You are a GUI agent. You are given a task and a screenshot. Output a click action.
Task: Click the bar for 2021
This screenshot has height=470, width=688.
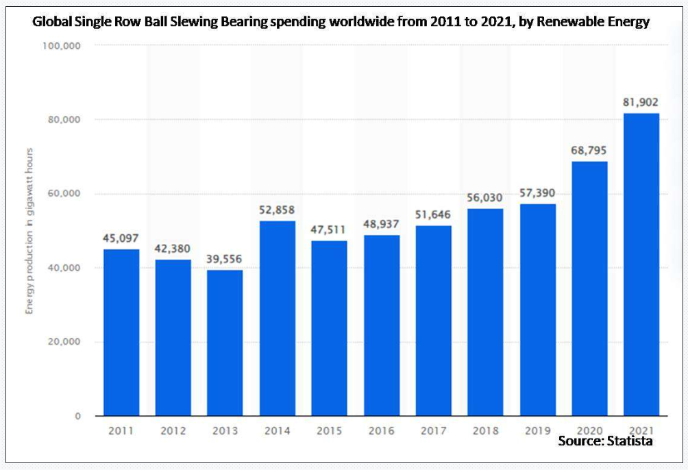[641, 264]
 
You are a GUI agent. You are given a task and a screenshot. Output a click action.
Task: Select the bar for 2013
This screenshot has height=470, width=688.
[225, 343]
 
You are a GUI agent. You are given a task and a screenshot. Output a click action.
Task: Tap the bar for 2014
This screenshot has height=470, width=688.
[277, 318]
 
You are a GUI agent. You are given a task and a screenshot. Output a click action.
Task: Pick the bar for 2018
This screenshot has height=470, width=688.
[485, 312]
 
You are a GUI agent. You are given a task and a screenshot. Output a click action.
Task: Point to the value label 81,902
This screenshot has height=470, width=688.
[641, 102]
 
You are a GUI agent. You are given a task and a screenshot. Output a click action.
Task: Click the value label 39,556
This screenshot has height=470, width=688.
[225, 259]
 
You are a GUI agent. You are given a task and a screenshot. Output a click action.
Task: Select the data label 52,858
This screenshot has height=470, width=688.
[277, 210]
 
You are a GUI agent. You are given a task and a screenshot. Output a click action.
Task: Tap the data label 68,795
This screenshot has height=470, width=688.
[589, 150]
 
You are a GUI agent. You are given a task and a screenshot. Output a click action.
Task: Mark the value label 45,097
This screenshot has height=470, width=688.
[121, 238]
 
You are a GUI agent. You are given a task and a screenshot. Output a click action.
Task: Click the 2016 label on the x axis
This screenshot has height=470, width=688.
[381, 431]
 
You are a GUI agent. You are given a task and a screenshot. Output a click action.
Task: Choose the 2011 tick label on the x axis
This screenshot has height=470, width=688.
[121, 431]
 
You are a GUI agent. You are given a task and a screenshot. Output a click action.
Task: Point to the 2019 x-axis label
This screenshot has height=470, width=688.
[537, 431]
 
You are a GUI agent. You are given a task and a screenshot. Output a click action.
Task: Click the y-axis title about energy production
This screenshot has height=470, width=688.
[30, 230]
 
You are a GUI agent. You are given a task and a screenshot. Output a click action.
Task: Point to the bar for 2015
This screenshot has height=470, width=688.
[329, 328]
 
